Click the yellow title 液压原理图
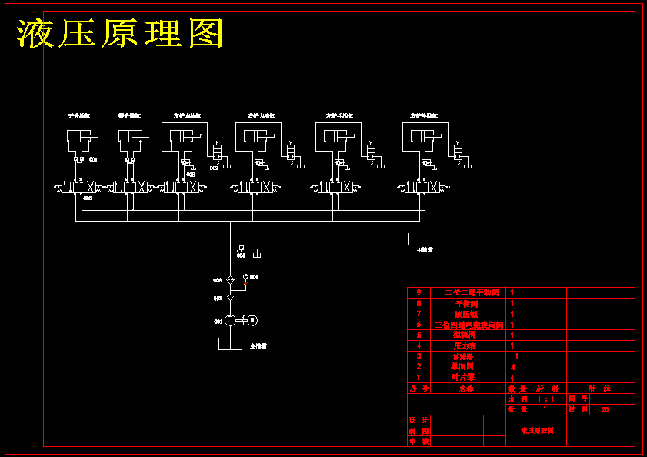click(121, 34)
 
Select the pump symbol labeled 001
click(230, 320)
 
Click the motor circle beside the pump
click(252, 320)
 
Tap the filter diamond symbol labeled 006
click(230, 280)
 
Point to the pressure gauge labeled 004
click(245, 277)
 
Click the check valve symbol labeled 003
click(230, 297)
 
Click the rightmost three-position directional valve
click(422, 187)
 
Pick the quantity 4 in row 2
click(513, 367)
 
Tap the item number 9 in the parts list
click(419, 292)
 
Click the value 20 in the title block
click(604, 409)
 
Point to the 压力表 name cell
click(465, 346)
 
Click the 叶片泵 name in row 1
click(465, 378)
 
